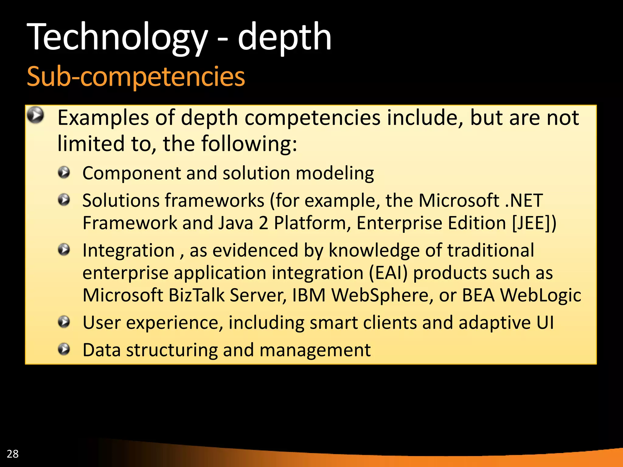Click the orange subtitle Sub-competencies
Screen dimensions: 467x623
coord(136,77)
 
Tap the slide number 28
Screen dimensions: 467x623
coord(12,454)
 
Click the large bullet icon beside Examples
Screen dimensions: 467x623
coord(35,115)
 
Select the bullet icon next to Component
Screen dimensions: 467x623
coord(64,173)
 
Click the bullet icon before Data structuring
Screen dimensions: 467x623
coord(64,349)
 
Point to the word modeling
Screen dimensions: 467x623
coord(335,174)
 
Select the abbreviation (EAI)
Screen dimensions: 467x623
coord(388,273)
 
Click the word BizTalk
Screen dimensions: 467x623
coord(196,295)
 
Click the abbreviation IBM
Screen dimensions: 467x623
coord(309,295)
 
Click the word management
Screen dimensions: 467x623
coord(315,350)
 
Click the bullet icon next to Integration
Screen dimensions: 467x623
coord(64,250)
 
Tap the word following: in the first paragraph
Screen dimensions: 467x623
coord(249,144)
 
